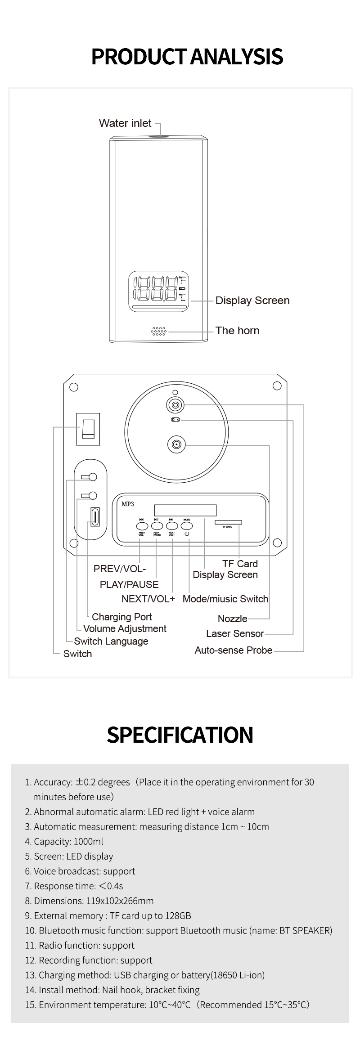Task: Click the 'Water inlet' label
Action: click(125, 123)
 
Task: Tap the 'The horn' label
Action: click(237, 331)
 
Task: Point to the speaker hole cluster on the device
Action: click(159, 331)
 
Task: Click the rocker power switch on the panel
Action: click(88, 429)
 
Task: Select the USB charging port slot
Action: click(95, 516)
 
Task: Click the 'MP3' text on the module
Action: click(128, 504)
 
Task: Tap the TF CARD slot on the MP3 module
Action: click(228, 522)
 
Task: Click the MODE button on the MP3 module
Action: click(187, 525)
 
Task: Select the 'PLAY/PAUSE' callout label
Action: click(129, 584)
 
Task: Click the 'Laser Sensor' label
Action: click(235, 633)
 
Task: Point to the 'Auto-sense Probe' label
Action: click(233, 650)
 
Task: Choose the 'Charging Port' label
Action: click(121, 617)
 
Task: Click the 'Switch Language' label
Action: click(111, 641)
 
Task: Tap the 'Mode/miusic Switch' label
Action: click(225, 599)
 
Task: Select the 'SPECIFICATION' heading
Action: click(180, 735)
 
